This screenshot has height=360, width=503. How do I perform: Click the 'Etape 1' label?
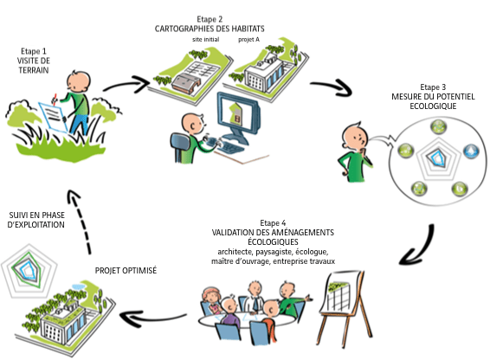click(x=34, y=51)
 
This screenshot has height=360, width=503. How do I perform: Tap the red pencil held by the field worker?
click(x=55, y=99)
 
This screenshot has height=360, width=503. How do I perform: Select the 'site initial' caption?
click(x=206, y=40)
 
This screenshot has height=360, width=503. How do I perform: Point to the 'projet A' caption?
click(x=248, y=40)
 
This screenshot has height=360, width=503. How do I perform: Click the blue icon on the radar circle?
click(x=471, y=151)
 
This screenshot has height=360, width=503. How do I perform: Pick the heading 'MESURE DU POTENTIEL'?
click(x=433, y=97)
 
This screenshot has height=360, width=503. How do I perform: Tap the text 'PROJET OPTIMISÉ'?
click(x=126, y=271)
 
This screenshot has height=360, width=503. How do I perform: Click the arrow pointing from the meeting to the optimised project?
click(x=152, y=318)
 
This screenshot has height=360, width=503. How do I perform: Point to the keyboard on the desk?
click(x=229, y=147)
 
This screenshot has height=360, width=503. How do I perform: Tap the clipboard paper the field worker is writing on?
click(x=54, y=117)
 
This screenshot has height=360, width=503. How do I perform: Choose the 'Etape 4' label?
click(x=273, y=222)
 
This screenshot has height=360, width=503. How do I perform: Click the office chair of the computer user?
click(x=181, y=148)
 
